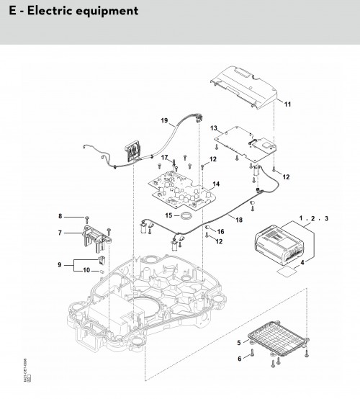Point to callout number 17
(164, 158)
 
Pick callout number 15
(167, 215)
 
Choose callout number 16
(221, 231)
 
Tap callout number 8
(61, 216)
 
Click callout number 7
(61, 233)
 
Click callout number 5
(238, 342)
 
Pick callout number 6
(238, 358)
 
